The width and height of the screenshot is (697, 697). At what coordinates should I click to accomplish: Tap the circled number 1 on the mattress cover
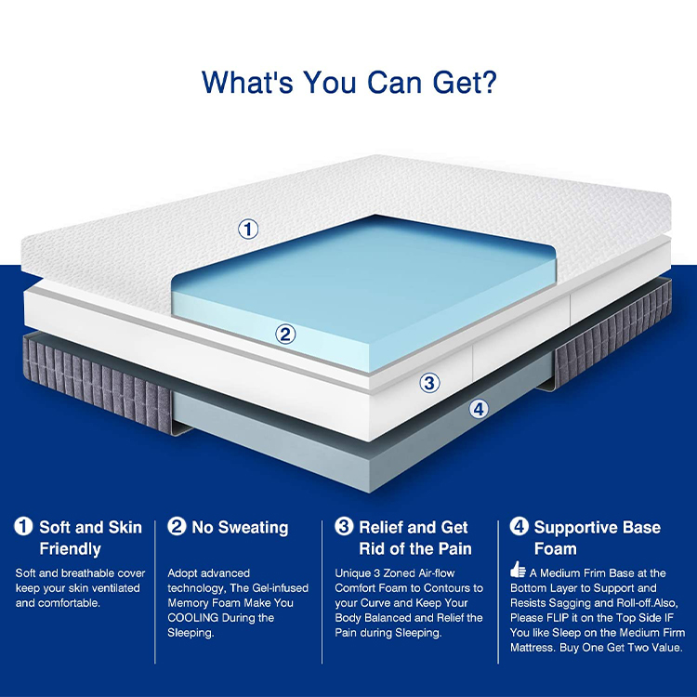[248, 230]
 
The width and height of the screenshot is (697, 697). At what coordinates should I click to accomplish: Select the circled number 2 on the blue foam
[285, 334]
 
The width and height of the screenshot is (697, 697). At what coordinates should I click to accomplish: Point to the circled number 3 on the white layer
[429, 383]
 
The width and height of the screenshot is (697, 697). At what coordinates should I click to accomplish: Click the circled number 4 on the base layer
[479, 409]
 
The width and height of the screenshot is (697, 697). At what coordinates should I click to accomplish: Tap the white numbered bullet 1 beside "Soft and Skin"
[23, 526]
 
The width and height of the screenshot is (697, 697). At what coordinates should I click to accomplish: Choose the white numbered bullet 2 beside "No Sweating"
[177, 526]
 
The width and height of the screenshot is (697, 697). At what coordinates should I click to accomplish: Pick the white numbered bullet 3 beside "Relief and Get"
[344, 526]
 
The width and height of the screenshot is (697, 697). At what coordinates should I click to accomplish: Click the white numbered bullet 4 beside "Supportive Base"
[519, 526]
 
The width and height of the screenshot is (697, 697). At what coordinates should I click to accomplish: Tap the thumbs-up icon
[518, 570]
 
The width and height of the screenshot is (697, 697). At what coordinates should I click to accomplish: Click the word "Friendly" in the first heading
[71, 549]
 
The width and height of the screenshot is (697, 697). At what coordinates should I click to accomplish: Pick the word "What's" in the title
[247, 82]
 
